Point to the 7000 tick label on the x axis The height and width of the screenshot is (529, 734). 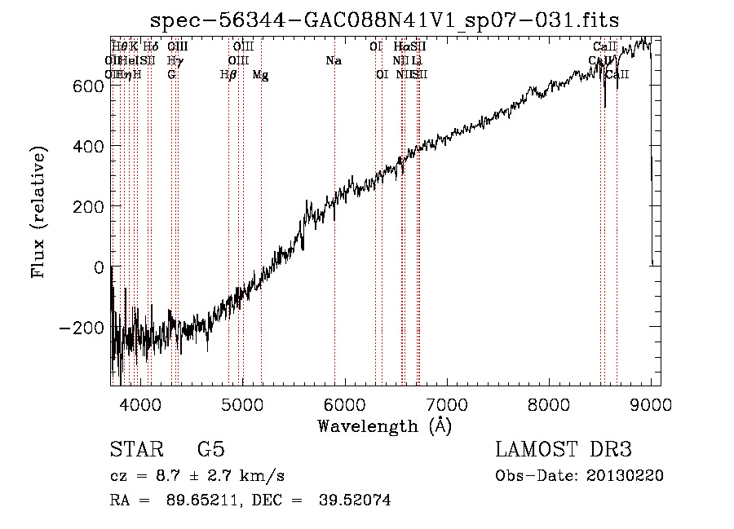point(446,403)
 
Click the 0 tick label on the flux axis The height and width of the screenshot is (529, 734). point(98,267)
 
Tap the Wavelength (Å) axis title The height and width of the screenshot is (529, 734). point(384,425)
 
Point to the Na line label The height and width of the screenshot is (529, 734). point(333,61)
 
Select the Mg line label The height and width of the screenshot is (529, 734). point(261,75)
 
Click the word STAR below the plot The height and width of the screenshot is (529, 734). point(135,450)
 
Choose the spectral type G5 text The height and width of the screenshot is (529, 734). point(210,450)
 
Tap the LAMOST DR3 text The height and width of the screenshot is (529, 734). point(564,450)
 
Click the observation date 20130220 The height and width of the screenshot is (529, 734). point(630,476)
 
